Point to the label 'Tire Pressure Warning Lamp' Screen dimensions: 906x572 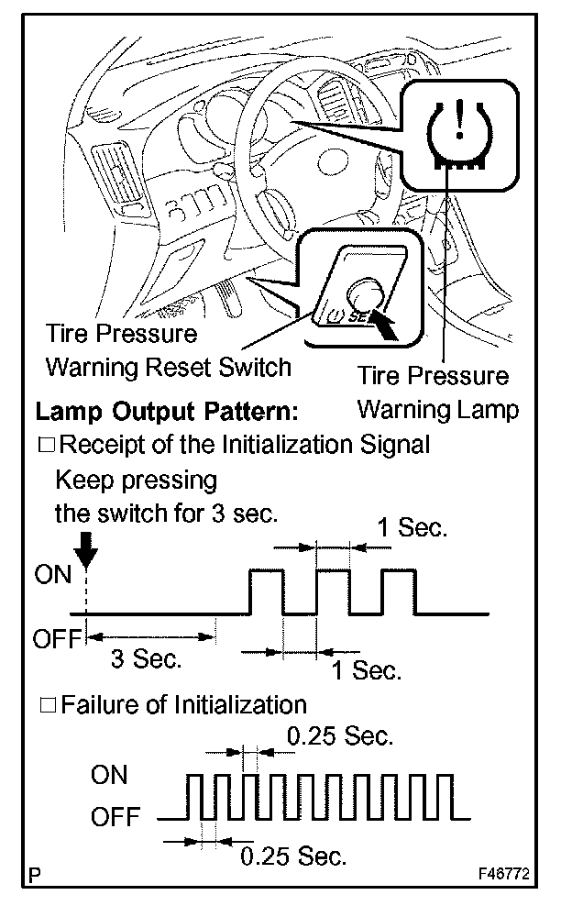435,392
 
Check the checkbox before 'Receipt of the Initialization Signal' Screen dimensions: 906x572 46,446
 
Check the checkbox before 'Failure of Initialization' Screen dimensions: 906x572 46,705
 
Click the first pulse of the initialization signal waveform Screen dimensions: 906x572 267,591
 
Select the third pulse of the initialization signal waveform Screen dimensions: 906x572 399,591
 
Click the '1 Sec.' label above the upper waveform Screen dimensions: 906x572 412,528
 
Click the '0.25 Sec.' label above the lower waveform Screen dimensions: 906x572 341,735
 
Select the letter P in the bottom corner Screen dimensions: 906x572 34,876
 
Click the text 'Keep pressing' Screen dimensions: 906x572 136,481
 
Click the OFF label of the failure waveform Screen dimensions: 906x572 115,815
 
